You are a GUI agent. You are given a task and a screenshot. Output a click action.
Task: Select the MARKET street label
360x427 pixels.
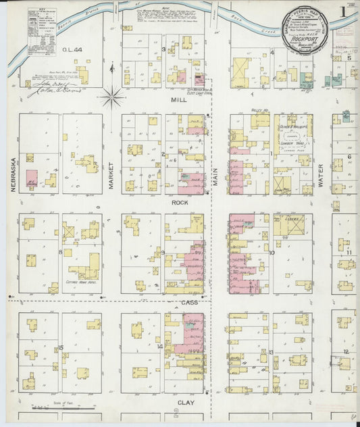pyautogui.click(x=111, y=174)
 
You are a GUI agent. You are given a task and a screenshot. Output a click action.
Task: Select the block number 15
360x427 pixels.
pyautogui.click(x=60, y=347)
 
